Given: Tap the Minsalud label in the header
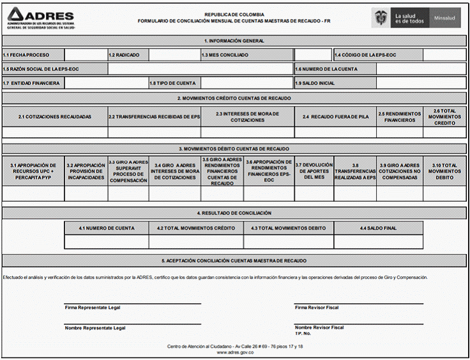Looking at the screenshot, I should [446, 18].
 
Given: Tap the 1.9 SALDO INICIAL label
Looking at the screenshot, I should [315, 83].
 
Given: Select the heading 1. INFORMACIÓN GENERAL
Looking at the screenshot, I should [234, 41].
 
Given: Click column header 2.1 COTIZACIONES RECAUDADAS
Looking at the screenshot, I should [54, 117].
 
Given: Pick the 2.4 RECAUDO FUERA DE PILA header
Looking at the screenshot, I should [335, 117].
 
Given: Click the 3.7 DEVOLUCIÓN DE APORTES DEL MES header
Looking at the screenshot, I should [314, 171].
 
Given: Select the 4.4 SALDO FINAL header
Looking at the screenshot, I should [377, 228].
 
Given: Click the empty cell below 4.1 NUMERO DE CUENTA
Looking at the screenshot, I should [106, 242].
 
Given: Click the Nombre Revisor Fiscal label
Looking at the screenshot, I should [319, 327].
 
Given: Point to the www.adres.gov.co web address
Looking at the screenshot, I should [234, 352].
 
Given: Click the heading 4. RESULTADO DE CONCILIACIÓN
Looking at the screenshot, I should [234, 213].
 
